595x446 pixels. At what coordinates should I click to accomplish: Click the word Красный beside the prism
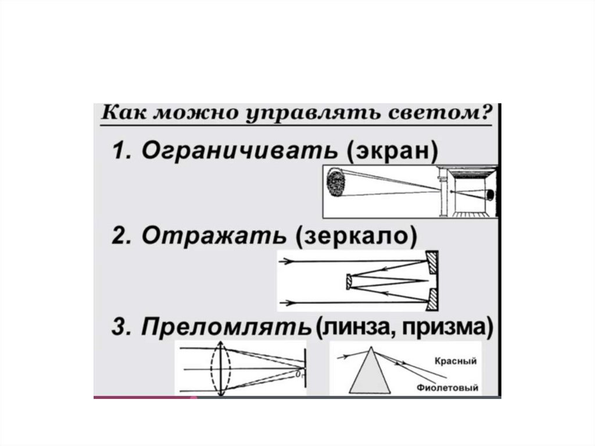[456, 361]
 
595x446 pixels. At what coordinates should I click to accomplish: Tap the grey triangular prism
[371, 376]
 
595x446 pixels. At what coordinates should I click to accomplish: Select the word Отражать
[214, 237]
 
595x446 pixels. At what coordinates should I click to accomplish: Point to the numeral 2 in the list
[119, 238]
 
